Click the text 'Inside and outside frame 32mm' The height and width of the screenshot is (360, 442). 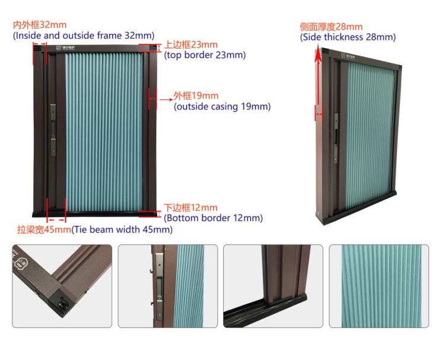point(84,36)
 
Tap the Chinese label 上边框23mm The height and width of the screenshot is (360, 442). point(191,44)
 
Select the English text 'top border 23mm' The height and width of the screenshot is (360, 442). point(205,55)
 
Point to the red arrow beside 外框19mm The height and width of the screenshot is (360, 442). point(166,100)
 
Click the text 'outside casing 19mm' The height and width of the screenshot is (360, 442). point(222,107)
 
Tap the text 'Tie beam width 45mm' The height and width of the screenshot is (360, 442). point(122,230)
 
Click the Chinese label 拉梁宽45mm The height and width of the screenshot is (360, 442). point(44,230)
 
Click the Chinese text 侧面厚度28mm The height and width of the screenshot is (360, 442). point(331,27)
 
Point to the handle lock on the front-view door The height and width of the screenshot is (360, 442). point(53,130)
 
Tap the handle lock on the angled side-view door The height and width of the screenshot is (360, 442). point(336,138)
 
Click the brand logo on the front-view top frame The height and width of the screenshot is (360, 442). point(66,48)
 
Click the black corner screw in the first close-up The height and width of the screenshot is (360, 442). point(63,305)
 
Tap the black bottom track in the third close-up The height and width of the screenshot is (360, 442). point(265,310)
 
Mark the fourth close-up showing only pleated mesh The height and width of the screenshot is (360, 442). point(379,286)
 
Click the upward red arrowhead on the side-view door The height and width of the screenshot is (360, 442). point(318,55)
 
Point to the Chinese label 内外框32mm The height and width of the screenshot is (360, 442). point(40,25)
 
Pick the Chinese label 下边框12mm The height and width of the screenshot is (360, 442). point(190,208)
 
